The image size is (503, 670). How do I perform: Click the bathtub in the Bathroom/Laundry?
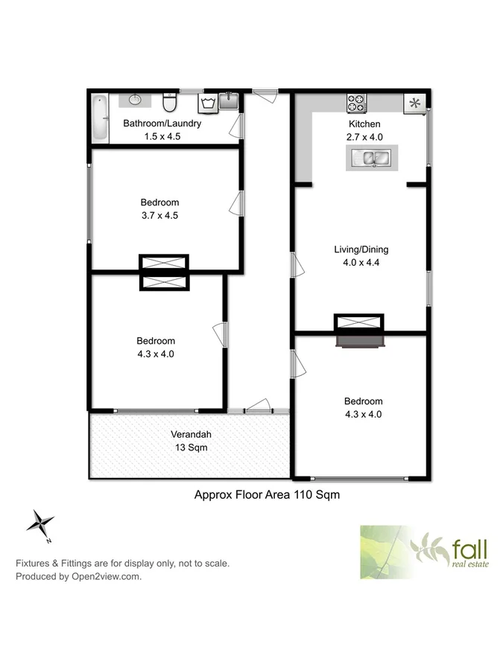(100, 118)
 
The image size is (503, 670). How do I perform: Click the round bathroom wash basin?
(136, 98)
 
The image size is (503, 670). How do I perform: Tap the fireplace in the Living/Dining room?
(359, 331)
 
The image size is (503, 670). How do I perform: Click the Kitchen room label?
(364, 124)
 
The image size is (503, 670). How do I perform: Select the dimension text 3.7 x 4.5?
(159, 216)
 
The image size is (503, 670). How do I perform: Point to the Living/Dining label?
(361, 249)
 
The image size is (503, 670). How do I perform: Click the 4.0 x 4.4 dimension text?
(361, 263)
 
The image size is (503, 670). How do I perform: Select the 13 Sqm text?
(189, 448)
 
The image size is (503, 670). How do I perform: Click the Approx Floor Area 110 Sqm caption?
(267, 494)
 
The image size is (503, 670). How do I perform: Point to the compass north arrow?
(39, 523)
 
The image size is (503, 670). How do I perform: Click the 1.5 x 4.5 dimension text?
(162, 136)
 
